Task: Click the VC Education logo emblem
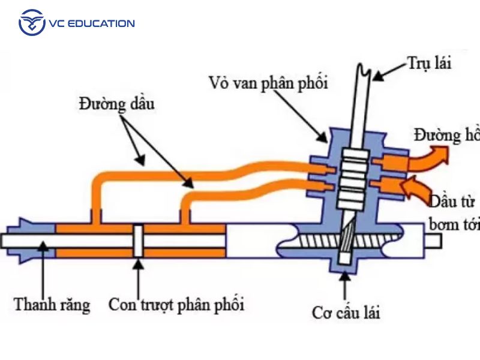32,23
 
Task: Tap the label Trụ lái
428,62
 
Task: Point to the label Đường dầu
116,104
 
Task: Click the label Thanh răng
52,305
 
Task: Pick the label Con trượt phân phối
176,305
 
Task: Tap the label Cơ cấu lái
346,312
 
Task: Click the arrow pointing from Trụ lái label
389,71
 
